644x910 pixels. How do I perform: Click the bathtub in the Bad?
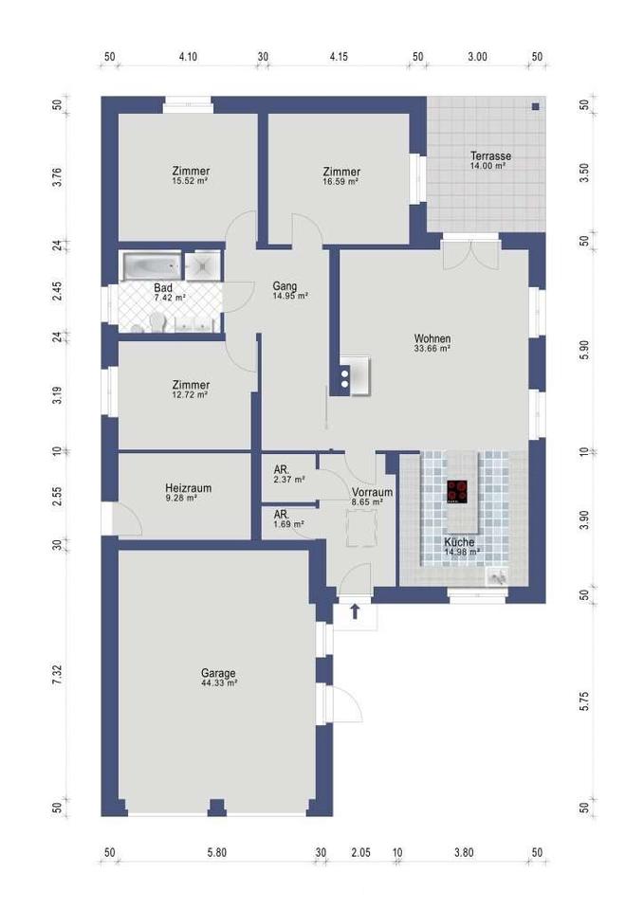coord(151,266)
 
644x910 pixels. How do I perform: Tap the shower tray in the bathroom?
coord(203,266)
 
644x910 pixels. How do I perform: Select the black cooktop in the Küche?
coord(457,492)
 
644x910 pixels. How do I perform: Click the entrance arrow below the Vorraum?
coord(354,611)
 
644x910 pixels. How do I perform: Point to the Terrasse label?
coord(490,155)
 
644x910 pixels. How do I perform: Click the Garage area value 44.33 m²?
coord(218,683)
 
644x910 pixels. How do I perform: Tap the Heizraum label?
coord(188,488)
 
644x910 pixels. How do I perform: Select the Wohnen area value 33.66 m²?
coord(432,348)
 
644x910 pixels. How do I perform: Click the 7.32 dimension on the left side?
coord(57,676)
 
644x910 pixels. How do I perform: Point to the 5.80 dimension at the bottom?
coord(216,852)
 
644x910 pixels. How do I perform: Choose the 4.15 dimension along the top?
coord(339,56)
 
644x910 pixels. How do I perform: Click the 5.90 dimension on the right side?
coord(584,350)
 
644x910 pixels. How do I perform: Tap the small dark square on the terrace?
coord(536,107)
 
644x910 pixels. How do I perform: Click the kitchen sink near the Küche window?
coord(497,576)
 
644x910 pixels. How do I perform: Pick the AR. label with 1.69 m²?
coord(281,514)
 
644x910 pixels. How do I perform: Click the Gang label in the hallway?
coord(285,285)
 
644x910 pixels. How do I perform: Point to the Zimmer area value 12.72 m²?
coord(191,394)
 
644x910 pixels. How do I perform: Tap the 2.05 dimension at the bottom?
coord(360,852)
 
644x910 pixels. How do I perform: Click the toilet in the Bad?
coord(157,322)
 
